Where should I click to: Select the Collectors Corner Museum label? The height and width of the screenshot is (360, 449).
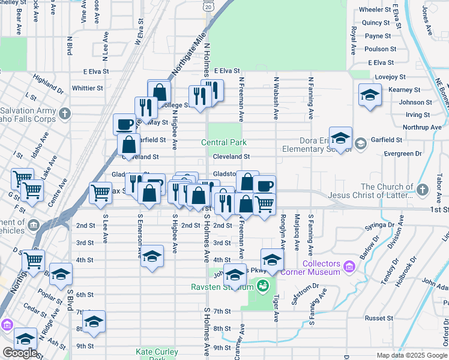pyautogui.click(x=330, y=268)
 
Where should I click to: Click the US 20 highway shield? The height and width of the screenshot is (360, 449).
pyautogui.click(x=208, y=6)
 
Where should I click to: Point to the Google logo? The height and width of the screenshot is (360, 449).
pyautogui.click(x=20, y=353)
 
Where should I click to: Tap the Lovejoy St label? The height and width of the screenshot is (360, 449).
pyautogui.click(x=391, y=77)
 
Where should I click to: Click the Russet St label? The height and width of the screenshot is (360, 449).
pyautogui.click(x=379, y=318)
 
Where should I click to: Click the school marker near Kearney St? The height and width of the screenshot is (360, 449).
pyautogui.click(x=370, y=95)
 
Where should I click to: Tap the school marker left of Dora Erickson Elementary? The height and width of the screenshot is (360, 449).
pyautogui.click(x=340, y=138)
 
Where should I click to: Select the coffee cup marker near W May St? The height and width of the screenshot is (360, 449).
pyautogui.click(x=124, y=124)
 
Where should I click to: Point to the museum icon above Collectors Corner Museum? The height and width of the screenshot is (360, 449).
pyautogui.click(x=349, y=264)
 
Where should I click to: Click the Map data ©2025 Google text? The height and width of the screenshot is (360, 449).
pyautogui.click(x=412, y=355)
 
